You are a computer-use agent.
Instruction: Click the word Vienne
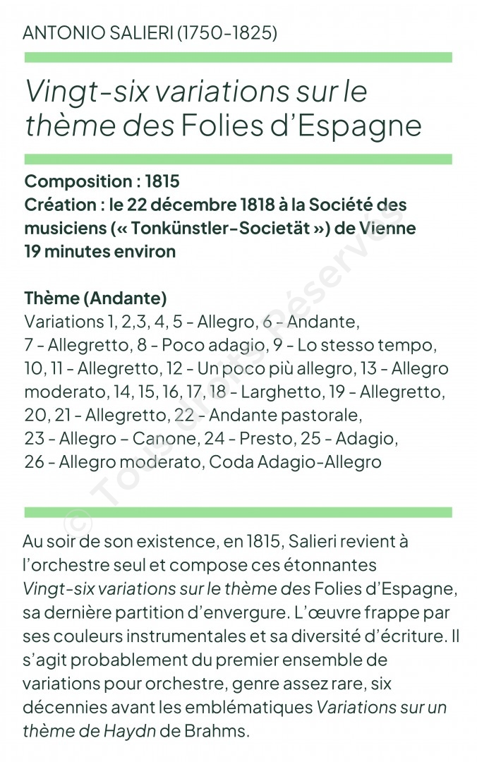[x=387, y=228]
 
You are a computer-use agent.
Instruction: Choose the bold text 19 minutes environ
[x=99, y=251]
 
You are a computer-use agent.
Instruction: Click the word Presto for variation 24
[x=265, y=438]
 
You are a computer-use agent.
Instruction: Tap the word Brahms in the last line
[x=217, y=730]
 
